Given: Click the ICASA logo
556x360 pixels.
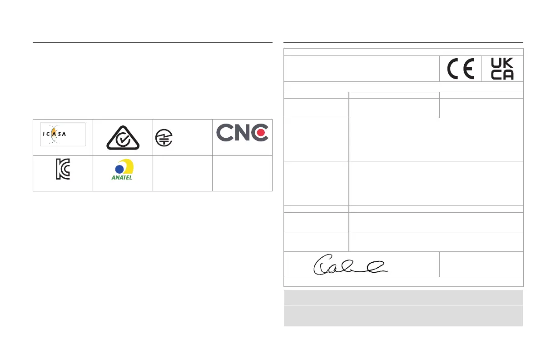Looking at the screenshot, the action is point(63,134).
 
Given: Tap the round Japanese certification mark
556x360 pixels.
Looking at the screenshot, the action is point(163,137).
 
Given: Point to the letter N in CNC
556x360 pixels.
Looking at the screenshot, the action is point(242,132).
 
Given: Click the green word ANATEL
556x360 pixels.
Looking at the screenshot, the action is point(122,178).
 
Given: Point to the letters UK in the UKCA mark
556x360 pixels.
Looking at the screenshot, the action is point(502,64).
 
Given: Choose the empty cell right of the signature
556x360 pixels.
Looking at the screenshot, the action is point(481,264).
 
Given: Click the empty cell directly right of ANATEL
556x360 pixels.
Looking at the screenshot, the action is point(183,173).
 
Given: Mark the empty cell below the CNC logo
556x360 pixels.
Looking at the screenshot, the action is point(242,173).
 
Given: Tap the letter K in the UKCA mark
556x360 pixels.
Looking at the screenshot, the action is point(508,64).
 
